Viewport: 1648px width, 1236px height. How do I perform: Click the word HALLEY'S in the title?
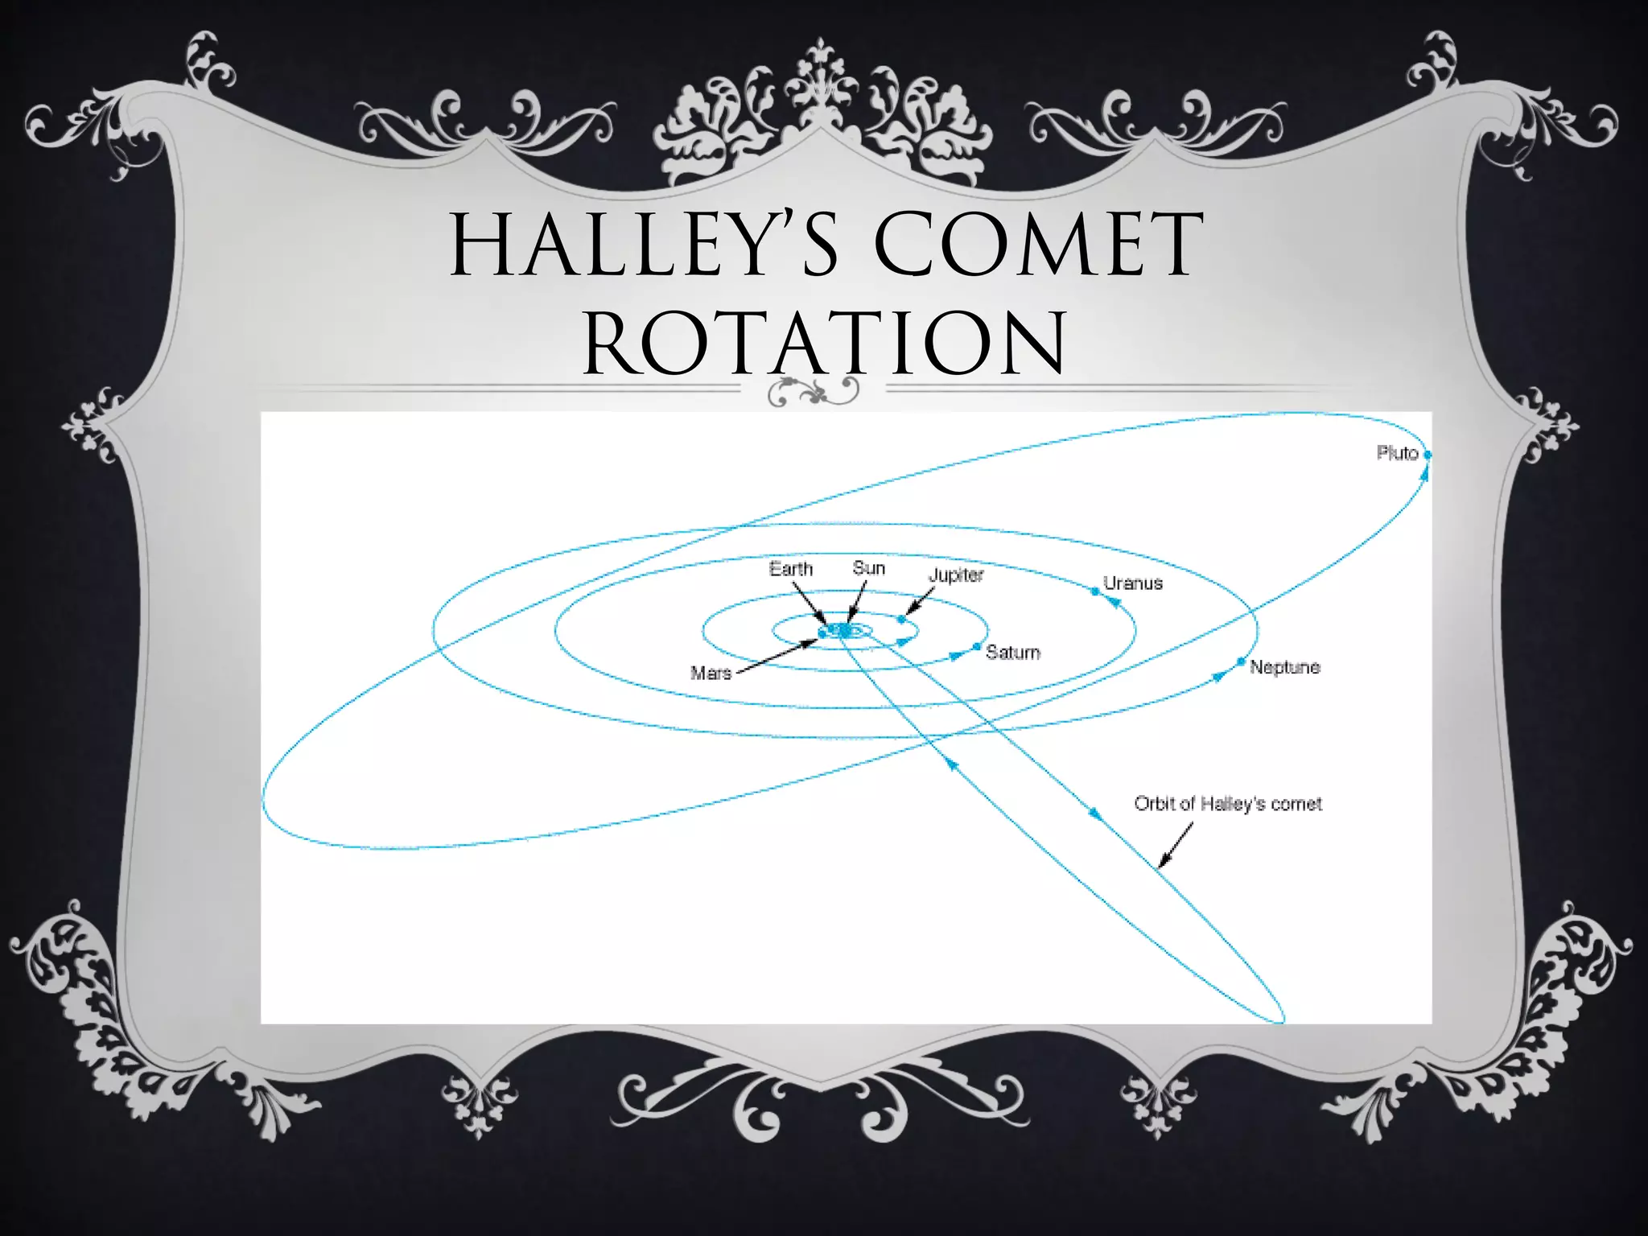pyautogui.click(x=644, y=244)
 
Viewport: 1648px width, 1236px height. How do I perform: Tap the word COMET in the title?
pyautogui.click(x=1038, y=244)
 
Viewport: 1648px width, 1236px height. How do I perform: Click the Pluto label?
pyautogui.click(x=1396, y=453)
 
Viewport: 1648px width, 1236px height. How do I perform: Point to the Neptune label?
pyautogui.click(x=1284, y=667)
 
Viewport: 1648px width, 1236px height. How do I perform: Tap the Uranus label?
pyautogui.click(x=1132, y=583)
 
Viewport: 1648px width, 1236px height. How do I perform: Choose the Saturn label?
pyautogui.click(x=1012, y=653)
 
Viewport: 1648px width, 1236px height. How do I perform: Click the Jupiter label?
pyautogui.click(x=956, y=575)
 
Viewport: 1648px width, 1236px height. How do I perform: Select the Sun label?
pyautogui.click(x=868, y=568)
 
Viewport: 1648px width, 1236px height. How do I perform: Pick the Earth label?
pyautogui.click(x=790, y=569)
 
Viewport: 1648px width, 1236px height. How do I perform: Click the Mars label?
pyautogui.click(x=711, y=673)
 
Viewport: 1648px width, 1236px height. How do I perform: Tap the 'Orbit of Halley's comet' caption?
pyautogui.click(x=1227, y=804)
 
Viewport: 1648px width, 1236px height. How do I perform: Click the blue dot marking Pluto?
pyautogui.click(x=1428, y=455)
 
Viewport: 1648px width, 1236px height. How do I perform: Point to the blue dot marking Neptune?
pyautogui.click(x=1241, y=661)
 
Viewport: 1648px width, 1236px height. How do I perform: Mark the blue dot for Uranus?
pyautogui.click(x=1094, y=591)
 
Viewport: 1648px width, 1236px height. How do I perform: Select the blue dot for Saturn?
pyautogui.click(x=976, y=646)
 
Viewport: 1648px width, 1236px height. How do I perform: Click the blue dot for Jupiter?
pyautogui.click(x=901, y=619)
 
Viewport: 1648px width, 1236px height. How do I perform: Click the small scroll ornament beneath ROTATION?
pyautogui.click(x=813, y=392)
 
